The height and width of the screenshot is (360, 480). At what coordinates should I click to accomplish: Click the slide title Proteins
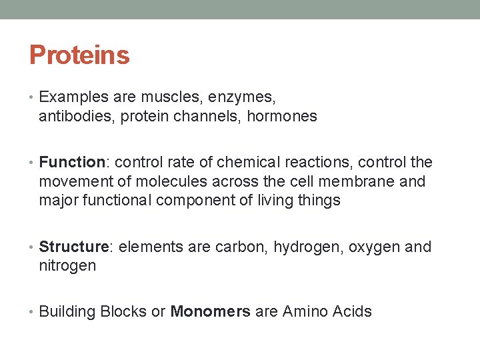click(79, 55)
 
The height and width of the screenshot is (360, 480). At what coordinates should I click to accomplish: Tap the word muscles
click(170, 97)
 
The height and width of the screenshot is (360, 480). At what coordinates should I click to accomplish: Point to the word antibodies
click(70, 117)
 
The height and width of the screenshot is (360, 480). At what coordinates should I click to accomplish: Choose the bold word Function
click(72, 162)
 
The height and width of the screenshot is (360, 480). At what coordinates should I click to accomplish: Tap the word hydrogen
click(302, 247)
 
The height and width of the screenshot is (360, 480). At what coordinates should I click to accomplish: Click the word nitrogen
click(67, 266)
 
